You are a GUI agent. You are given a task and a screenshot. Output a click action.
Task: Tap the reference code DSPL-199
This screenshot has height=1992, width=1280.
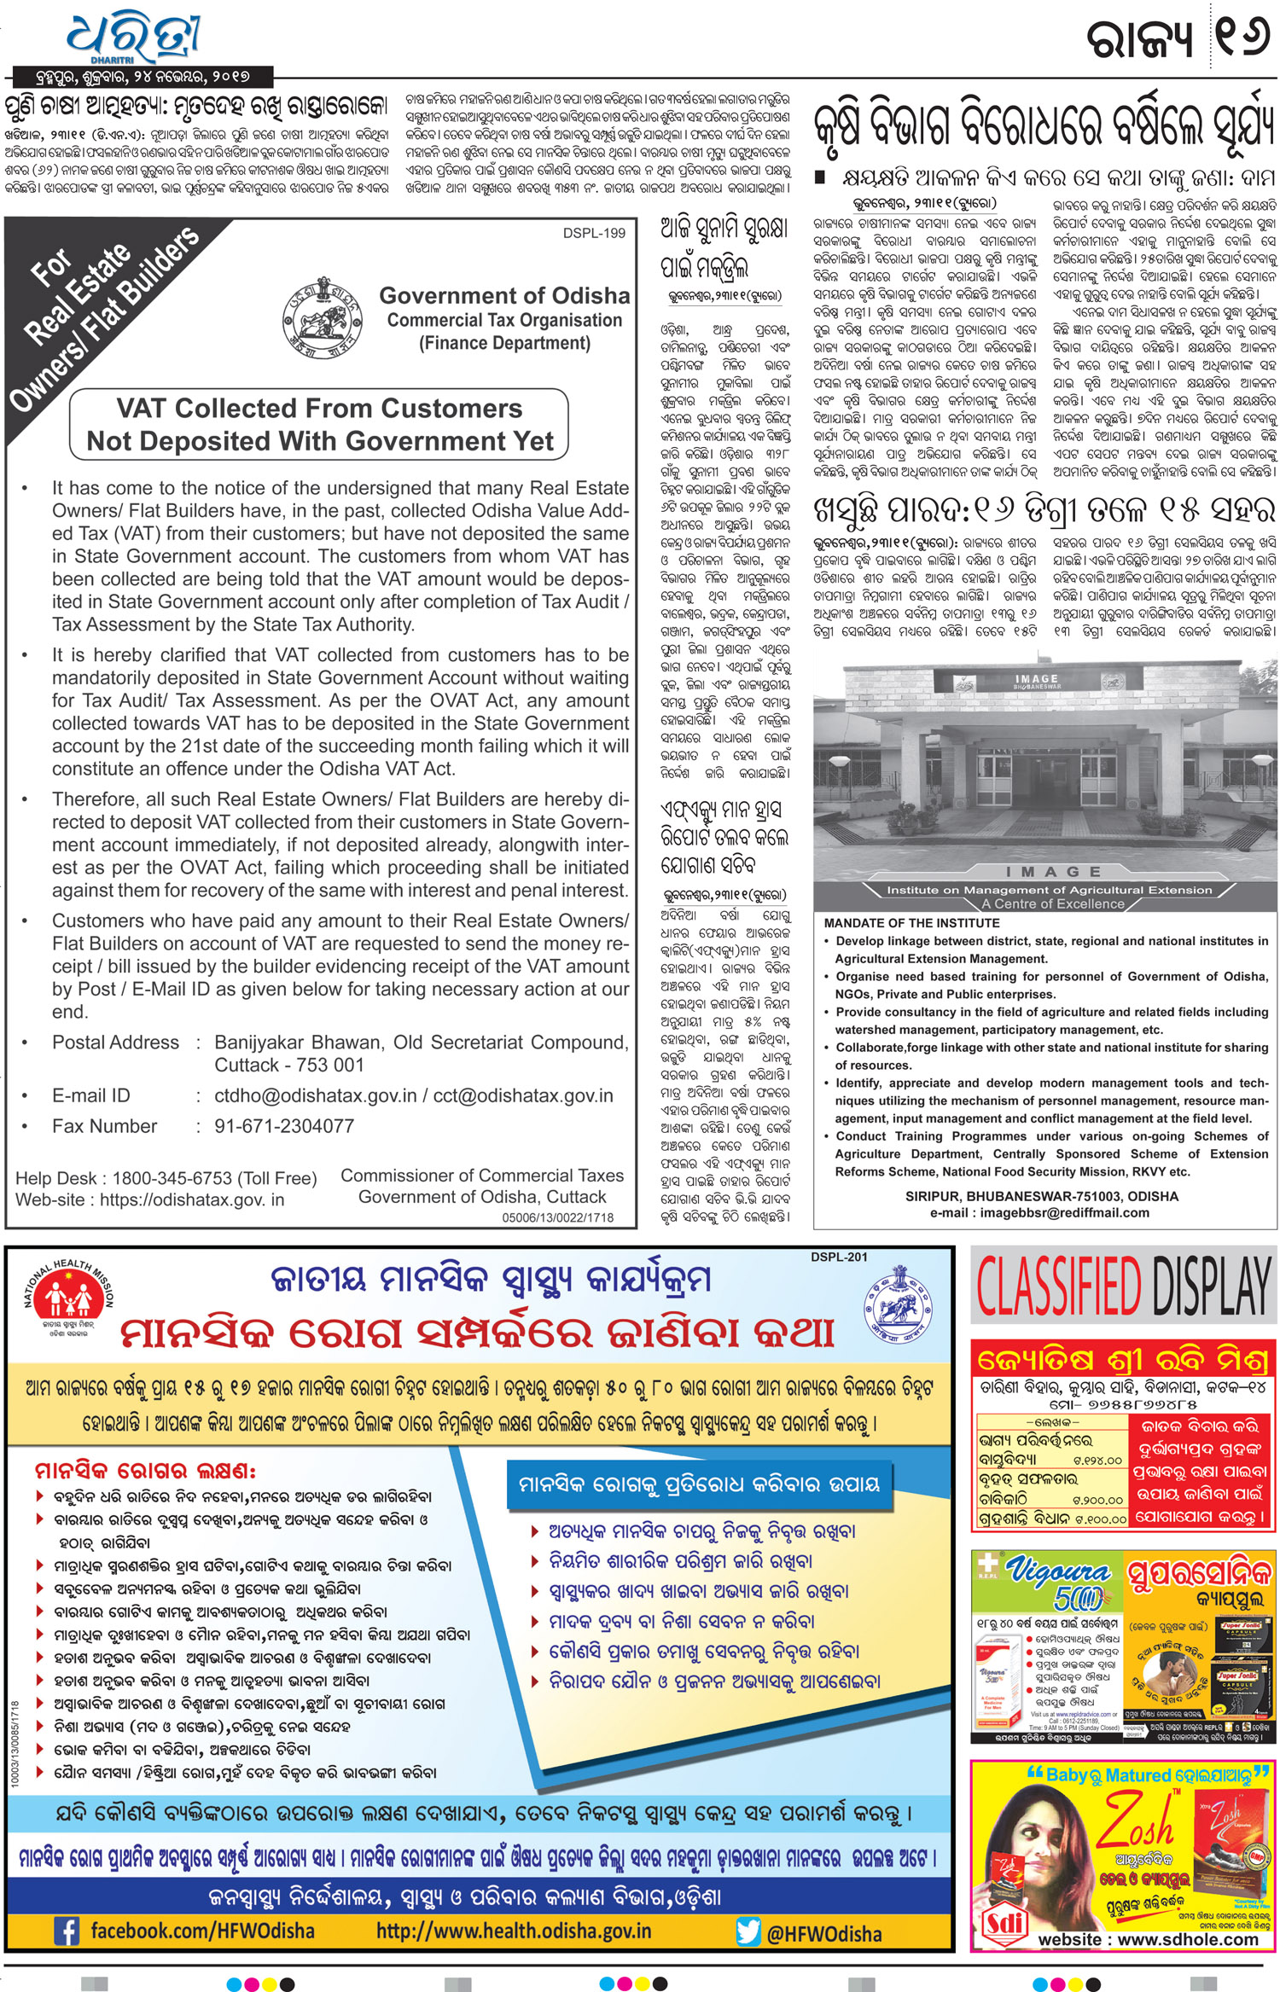click(594, 233)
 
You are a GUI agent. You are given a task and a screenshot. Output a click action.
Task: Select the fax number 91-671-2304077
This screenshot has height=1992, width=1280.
click(284, 1126)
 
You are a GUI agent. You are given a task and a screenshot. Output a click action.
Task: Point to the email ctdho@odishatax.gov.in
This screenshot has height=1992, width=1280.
click(316, 1095)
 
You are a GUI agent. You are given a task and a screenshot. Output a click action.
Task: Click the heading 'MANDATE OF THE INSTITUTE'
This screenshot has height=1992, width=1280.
click(911, 923)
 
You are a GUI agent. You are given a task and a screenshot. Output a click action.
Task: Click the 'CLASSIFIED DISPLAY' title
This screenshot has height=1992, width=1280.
click(1124, 1286)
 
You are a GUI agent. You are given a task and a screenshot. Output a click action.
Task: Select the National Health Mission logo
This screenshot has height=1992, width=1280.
click(69, 1298)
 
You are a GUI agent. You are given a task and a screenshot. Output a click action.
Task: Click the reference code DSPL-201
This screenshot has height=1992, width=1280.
click(839, 1257)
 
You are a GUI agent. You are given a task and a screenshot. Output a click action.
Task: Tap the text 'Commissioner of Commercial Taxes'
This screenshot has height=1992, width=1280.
click(482, 1176)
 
